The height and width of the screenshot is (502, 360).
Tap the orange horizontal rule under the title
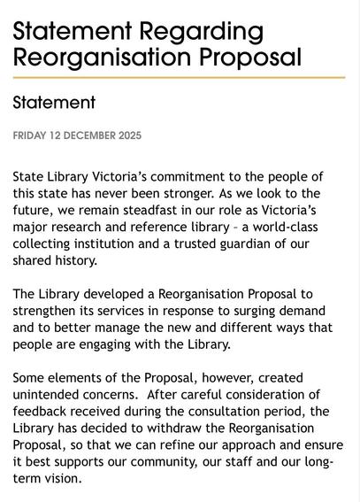178,78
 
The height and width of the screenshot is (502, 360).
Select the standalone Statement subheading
54,103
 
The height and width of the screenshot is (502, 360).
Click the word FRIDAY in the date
34,136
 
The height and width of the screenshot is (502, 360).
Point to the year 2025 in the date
127,136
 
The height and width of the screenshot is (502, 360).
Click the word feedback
42,410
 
